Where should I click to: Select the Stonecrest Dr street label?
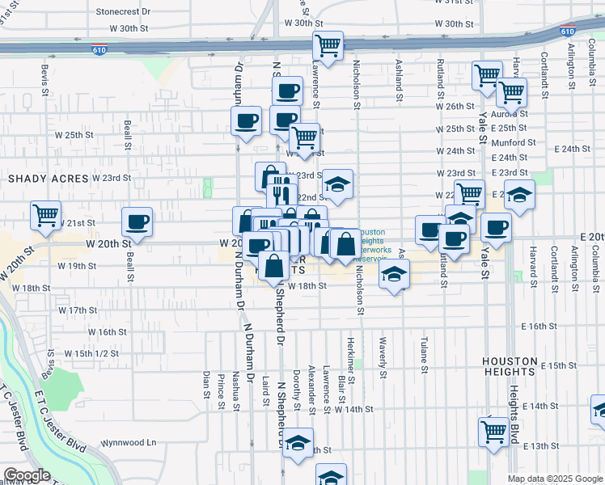pos(123,12)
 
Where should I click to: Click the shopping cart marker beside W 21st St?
pos(46,216)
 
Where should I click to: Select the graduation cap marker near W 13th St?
pos(298,444)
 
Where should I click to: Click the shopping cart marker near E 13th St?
pos(493,431)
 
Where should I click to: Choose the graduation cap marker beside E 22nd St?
pos(521,195)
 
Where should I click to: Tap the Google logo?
pos(27,475)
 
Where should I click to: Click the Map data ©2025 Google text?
pos(555,479)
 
